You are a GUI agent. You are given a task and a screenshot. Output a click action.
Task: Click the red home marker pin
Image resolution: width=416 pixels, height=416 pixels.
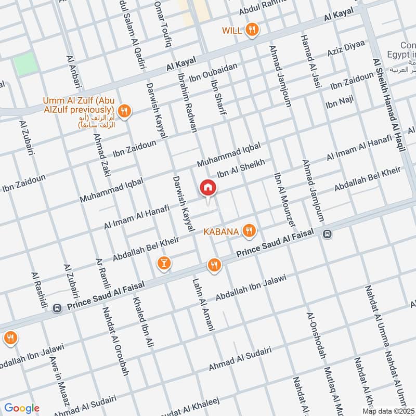[x=207, y=188]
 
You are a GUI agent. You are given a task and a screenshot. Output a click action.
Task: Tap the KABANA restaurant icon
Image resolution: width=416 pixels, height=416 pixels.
[x=250, y=231]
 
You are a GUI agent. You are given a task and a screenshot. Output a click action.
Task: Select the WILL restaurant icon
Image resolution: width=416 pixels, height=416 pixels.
[x=252, y=30]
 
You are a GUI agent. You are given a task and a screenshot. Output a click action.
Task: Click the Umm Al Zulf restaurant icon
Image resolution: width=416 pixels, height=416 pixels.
[x=124, y=110]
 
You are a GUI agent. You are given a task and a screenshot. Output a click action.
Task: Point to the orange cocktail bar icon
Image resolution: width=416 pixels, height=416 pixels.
[x=163, y=264]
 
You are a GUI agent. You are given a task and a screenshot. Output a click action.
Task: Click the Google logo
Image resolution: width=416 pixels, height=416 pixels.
[x=22, y=408]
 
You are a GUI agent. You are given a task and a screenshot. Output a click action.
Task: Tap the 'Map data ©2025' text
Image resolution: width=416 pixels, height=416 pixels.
[x=387, y=411]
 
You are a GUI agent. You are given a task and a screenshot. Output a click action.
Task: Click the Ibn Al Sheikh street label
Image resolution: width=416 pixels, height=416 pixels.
[x=241, y=169]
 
